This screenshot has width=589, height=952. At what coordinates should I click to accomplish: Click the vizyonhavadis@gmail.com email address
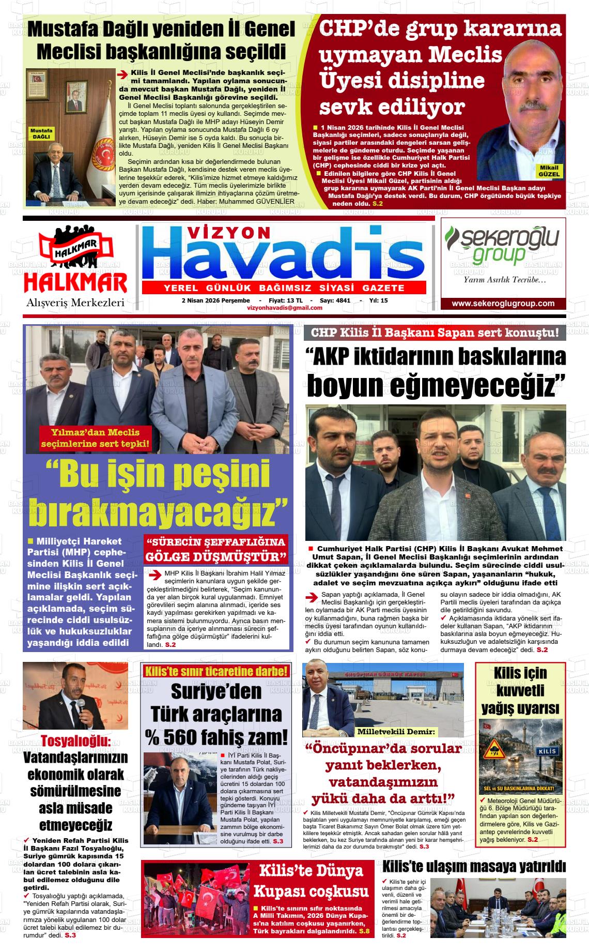coord(285,308)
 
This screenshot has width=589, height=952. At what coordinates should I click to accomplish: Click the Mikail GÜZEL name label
coord(549,171)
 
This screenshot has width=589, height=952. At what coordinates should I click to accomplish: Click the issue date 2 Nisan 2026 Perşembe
coord(215,300)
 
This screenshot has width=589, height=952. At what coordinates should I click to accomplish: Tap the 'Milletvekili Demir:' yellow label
coord(397,732)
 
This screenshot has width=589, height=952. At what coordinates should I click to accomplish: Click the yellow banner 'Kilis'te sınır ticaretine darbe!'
coord(216,672)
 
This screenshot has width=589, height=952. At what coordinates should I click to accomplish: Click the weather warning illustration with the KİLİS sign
coord(520,757)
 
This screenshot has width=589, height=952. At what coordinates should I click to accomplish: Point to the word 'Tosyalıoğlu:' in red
coord(75,741)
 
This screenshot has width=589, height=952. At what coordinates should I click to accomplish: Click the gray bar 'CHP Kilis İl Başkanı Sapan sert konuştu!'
coord(435,333)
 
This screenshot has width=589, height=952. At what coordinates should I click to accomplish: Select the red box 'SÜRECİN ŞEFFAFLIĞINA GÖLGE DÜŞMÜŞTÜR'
coord(216,549)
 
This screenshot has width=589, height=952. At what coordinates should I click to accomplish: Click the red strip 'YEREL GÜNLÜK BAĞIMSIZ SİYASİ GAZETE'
coord(284,288)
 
